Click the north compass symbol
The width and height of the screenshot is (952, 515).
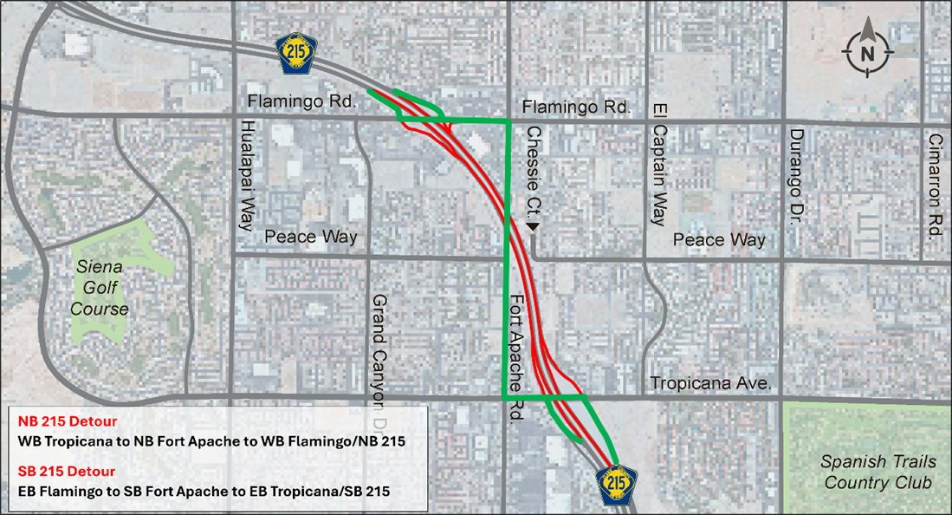click(x=868, y=52)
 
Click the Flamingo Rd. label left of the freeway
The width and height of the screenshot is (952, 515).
click(x=302, y=101)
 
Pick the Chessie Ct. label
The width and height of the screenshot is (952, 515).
click(x=534, y=171)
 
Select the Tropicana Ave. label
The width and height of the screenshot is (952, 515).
click(x=710, y=383)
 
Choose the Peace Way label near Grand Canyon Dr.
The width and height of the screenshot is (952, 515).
click(x=311, y=237)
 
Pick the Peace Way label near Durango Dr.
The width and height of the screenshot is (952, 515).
click(x=720, y=239)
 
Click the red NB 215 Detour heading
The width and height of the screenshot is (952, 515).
click(x=67, y=421)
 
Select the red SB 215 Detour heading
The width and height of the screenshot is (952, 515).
click(x=67, y=472)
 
